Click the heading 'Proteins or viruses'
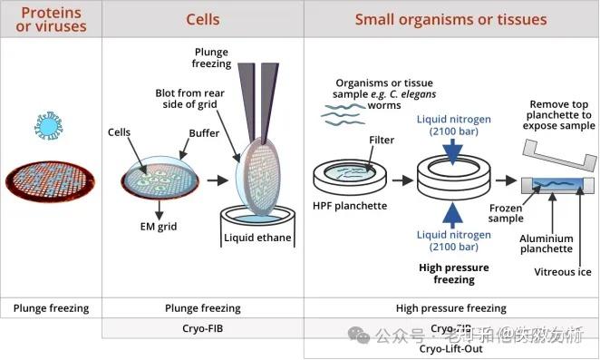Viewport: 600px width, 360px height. point(51,19)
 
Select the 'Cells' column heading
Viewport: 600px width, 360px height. point(203,19)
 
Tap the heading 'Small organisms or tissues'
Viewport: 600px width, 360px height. point(450,19)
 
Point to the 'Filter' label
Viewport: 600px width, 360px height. point(382,141)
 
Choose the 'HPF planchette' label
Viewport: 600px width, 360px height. point(350,206)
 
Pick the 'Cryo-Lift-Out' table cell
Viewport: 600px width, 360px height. point(450,348)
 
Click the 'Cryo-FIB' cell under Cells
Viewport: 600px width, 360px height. point(203,328)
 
